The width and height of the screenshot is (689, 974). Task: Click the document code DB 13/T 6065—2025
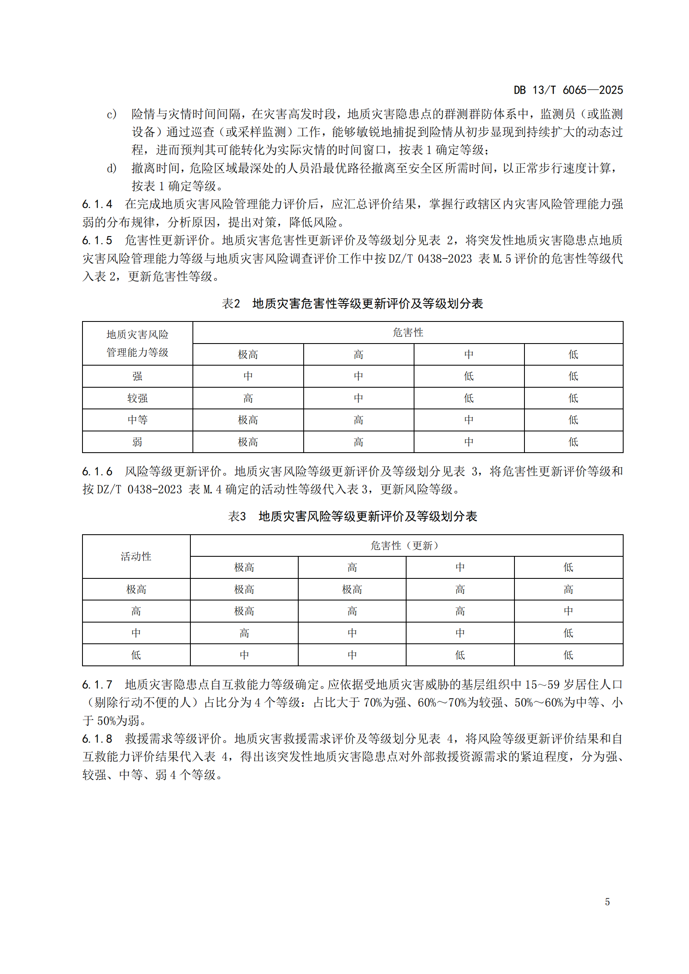click(568, 90)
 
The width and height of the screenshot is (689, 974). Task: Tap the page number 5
click(607, 902)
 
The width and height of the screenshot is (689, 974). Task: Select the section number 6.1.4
click(97, 204)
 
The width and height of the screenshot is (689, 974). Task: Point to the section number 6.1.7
click(97, 685)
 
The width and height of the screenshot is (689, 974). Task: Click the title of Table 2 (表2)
click(352, 303)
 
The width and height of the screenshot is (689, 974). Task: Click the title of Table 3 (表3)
click(352, 516)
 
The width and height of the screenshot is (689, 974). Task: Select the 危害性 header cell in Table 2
click(408, 333)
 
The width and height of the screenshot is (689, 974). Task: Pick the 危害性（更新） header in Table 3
click(406, 546)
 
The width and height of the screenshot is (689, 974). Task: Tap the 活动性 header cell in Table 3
click(136, 557)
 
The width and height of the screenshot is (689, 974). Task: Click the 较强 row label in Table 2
click(137, 399)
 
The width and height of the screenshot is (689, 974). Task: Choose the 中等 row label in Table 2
click(137, 420)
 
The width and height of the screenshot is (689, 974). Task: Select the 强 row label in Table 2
click(137, 376)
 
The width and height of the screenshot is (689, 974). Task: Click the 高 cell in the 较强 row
click(248, 399)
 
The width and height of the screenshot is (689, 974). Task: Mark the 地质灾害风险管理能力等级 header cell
click(137, 343)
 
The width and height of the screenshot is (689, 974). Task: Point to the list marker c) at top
click(112, 114)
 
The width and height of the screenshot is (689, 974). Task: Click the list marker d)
click(112, 168)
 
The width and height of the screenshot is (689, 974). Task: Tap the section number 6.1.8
click(97, 739)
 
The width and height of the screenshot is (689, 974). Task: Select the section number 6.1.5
click(97, 241)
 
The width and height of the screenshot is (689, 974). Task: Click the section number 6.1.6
click(97, 471)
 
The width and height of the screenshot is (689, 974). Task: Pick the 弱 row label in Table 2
click(137, 442)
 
